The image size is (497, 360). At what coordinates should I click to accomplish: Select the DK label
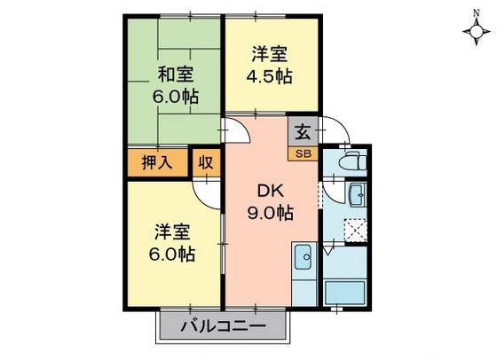270,189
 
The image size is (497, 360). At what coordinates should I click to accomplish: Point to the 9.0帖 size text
270,212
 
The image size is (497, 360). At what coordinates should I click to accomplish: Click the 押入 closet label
158,162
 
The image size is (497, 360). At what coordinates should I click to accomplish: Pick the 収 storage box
204,162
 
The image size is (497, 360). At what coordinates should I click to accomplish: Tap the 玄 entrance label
303,133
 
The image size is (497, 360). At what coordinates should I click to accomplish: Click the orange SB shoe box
303,153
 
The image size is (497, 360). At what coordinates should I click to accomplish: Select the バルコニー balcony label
224,326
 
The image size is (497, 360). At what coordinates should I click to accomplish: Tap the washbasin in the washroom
356,195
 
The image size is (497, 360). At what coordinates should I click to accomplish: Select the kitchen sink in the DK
303,260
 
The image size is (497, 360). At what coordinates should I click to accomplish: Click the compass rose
477,32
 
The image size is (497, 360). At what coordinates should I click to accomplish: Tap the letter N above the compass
477,10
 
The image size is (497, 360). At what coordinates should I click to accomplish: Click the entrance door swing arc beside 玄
335,130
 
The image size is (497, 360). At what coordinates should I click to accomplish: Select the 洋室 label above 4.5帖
270,52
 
